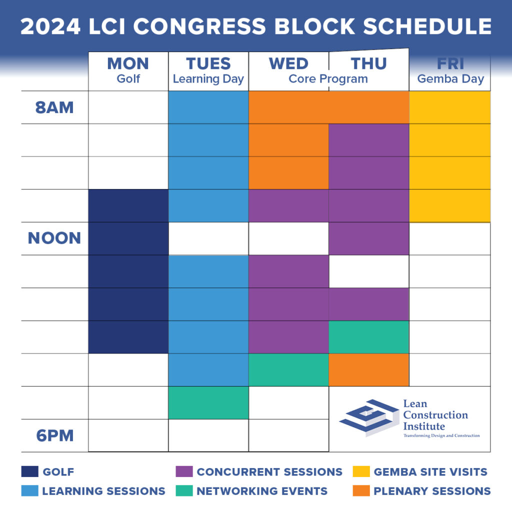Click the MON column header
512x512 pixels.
click(x=128, y=64)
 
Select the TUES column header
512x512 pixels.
click(x=208, y=64)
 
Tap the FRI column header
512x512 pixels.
click(x=450, y=64)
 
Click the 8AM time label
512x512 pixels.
click(x=54, y=107)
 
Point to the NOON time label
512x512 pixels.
click(x=54, y=238)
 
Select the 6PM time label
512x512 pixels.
click(x=54, y=435)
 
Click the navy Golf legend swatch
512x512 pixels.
click(x=29, y=471)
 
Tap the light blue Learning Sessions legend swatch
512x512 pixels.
click(x=29, y=491)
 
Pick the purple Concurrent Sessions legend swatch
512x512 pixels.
click(x=184, y=471)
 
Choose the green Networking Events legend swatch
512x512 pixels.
click(x=184, y=491)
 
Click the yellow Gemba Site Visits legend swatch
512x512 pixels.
click(x=361, y=471)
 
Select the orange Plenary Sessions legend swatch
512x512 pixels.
click(x=361, y=491)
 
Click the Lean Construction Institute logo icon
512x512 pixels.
click(x=367, y=417)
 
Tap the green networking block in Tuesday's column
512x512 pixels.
click(x=208, y=402)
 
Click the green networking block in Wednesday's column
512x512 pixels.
click(x=288, y=369)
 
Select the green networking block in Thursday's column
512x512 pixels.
click(x=369, y=337)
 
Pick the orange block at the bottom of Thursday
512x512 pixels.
click(x=369, y=369)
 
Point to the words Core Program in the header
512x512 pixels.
click(x=328, y=79)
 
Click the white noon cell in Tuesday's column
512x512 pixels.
click(x=208, y=238)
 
